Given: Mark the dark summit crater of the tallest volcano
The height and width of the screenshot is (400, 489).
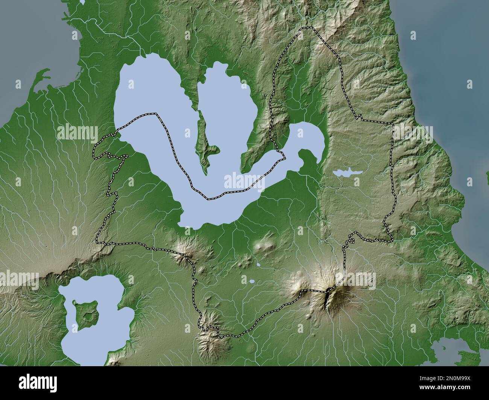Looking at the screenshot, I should click(x=328, y=297).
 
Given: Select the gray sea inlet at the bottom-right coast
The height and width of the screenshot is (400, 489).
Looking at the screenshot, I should click(x=448, y=347).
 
